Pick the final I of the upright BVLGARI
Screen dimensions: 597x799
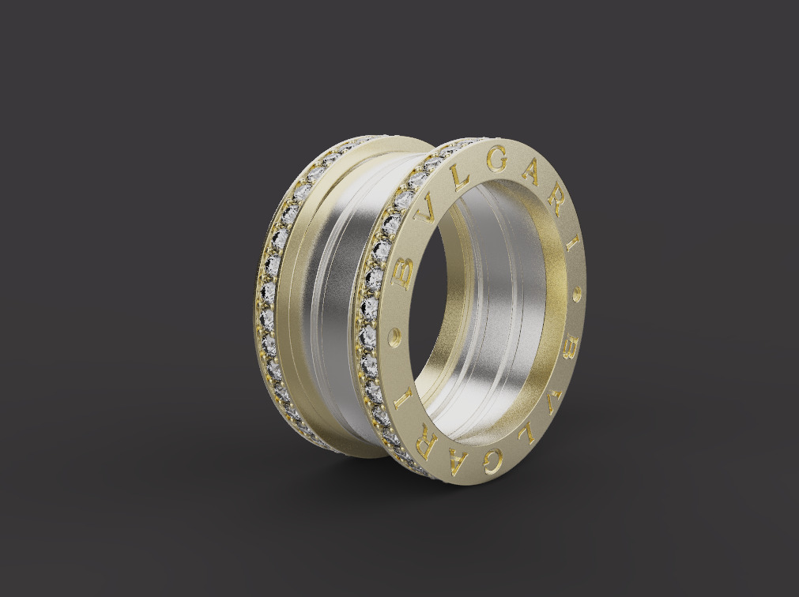click(x=571, y=242)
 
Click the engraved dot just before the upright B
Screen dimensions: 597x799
click(x=395, y=338)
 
